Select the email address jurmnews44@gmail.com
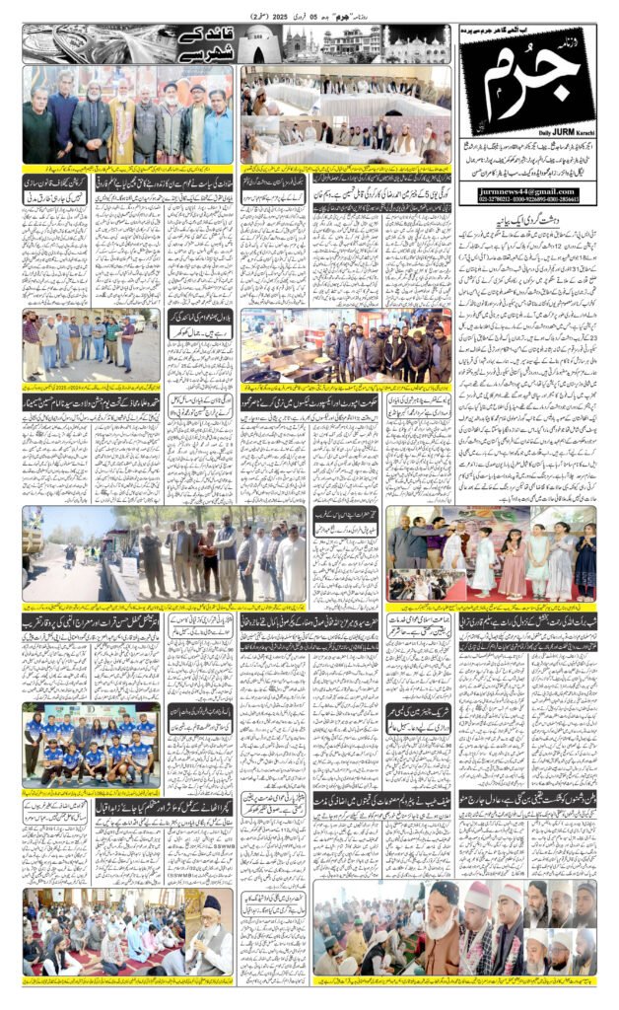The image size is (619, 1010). (526, 191)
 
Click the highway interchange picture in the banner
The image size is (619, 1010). (74, 44)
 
